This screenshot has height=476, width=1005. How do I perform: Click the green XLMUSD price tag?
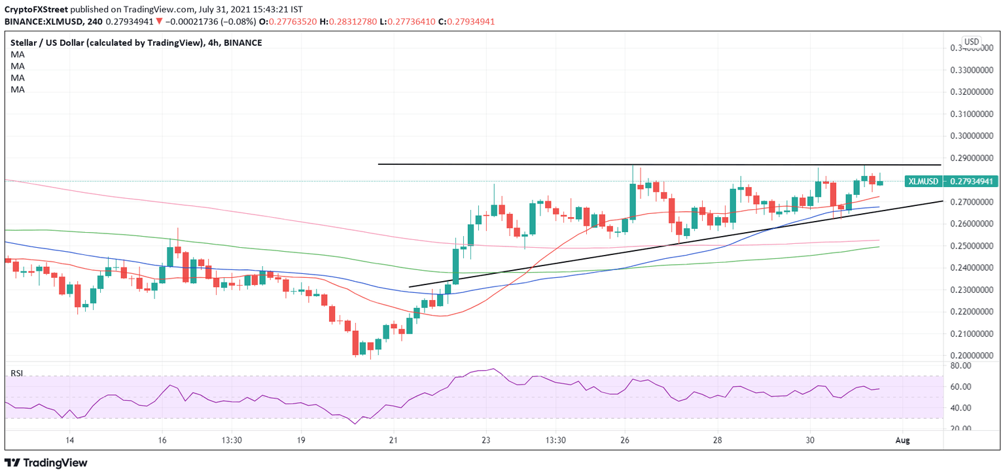coord(922,181)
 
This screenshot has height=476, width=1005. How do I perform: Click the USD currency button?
coord(971,42)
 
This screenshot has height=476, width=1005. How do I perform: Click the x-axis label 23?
coord(485,440)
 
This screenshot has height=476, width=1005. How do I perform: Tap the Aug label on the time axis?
coord(902,440)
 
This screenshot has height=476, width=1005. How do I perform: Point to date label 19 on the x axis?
coord(300,440)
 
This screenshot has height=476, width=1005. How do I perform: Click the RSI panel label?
coord(16,373)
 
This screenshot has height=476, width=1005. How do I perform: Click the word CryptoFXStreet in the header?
coord(35,8)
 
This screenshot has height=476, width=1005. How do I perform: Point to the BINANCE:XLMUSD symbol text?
coord(41,21)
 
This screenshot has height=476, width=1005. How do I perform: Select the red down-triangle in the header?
coord(159,21)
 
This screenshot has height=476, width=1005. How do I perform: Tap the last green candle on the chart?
coord(880,182)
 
